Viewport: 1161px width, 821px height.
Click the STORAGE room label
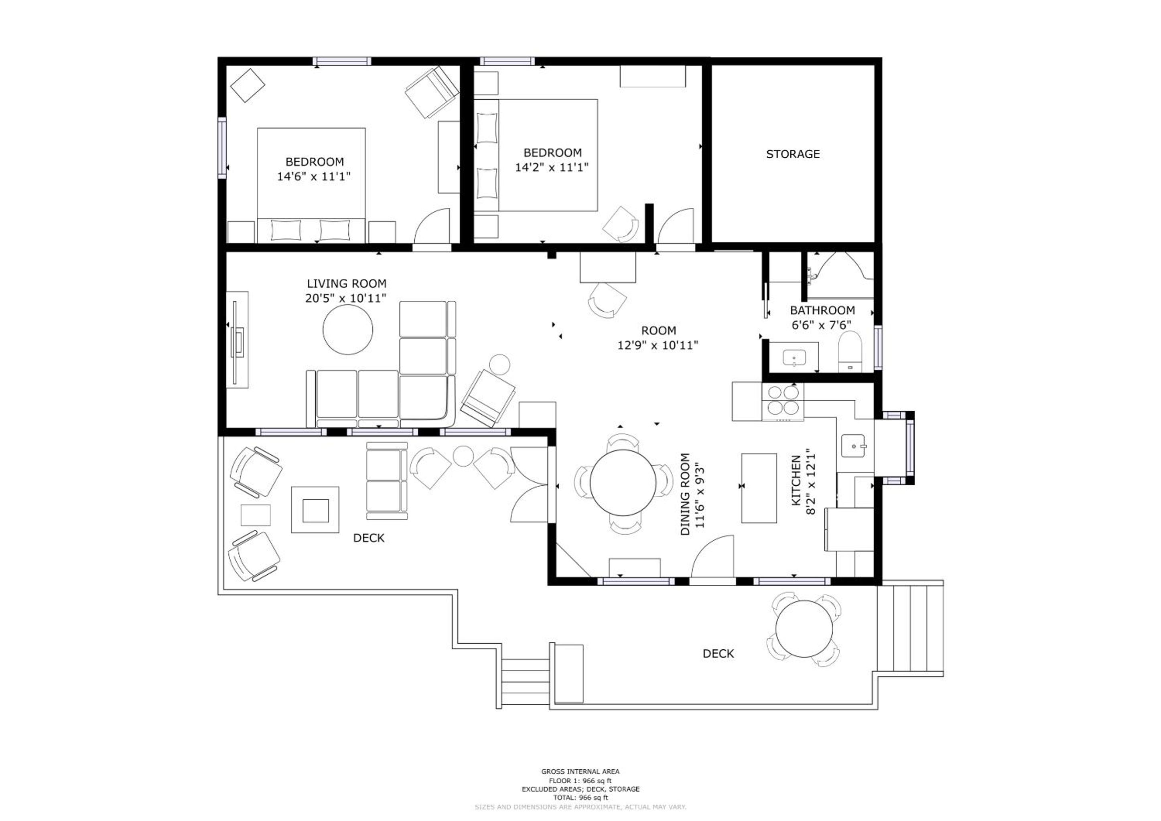pyautogui.click(x=792, y=154)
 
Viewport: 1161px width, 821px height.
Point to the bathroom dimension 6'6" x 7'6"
pyautogui.click(x=821, y=325)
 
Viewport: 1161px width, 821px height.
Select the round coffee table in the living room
pyautogui.click(x=348, y=330)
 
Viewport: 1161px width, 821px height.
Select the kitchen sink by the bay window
pyautogui.click(x=854, y=446)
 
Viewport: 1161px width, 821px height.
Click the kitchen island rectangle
pyautogui.click(x=759, y=488)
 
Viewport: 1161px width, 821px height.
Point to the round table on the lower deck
pyautogui.click(x=804, y=629)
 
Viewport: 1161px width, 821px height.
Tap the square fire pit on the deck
pyautogui.click(x=315, y=510)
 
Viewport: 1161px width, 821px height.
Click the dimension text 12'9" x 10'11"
pyautogui.click(x=658, y=345)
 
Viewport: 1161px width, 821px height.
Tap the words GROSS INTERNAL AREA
pyautogui.click(x=580, y=771)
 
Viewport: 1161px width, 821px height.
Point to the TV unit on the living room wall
pyautogui.click(x=237, y=340)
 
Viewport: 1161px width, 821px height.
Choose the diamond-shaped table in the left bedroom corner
pyautogui.click(x=248, y=85)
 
